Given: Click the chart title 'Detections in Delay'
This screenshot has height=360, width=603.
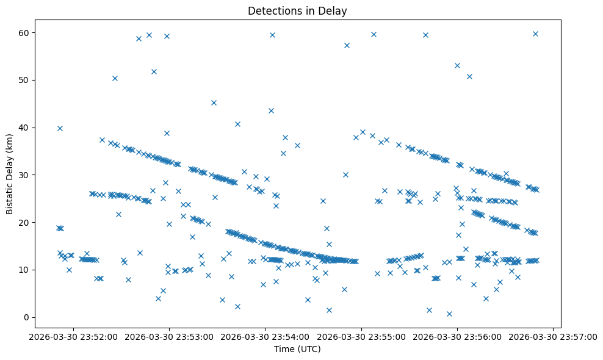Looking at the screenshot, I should click(297, 10).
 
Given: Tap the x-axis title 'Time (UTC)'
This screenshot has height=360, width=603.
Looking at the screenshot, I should click(297, 349).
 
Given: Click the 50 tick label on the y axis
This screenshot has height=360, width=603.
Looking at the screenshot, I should click(26, 80).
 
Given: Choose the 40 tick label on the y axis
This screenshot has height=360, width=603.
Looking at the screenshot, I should click(26, 128).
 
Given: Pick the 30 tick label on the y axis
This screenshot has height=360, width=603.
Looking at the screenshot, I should click(26, 175).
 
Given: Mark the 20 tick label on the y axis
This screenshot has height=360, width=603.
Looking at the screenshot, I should click(26, 222).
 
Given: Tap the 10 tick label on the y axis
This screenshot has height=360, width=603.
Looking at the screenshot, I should click(26, 270).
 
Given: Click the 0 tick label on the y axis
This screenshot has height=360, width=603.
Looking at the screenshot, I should click(28, 317).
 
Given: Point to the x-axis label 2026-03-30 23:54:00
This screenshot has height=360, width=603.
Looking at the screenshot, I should click(265, 336).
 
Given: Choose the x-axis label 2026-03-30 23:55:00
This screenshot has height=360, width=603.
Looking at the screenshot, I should click(361, 336).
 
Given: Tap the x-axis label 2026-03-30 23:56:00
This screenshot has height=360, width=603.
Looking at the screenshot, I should click(457, 336).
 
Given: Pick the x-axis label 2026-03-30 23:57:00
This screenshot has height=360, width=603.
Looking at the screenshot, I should click(553, 336).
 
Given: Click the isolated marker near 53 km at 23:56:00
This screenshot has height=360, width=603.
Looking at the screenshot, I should click(457, 65).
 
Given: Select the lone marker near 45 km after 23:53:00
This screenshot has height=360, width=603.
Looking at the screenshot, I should click(214, 103).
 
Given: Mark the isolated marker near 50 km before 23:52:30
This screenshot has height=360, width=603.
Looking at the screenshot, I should click(115, 78).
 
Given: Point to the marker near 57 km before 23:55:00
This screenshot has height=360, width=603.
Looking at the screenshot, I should click(347, 45).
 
